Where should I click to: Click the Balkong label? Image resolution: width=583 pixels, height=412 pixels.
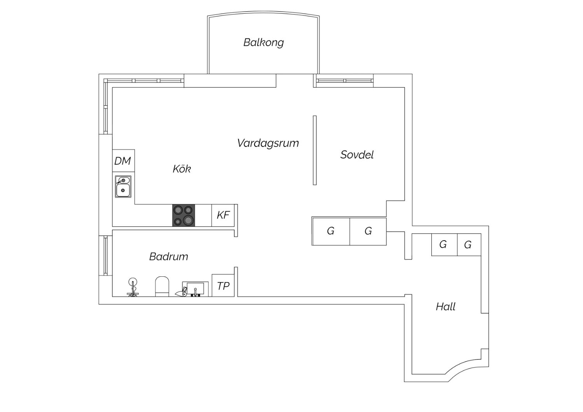[x=264, y=43]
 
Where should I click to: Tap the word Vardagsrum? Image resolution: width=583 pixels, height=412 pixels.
[x=268, y=143]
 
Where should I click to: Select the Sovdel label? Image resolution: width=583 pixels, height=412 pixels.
[x=357, y=155]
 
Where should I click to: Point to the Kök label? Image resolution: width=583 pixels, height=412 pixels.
[x=182, y=169]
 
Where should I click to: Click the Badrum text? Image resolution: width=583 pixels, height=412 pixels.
[x=169, y=257]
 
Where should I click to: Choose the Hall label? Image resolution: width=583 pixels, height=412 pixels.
[x=445, y=307]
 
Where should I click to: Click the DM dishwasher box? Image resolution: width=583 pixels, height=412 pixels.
[x=123, y=161]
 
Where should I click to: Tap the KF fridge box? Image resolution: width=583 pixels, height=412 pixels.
[x=223, y=215]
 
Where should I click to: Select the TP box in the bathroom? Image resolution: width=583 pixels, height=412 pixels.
[x=223, y=286]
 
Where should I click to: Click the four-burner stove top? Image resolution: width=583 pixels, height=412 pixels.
[x=183, y=215]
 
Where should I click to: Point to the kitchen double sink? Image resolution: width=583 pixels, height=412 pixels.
[x=123, y=187]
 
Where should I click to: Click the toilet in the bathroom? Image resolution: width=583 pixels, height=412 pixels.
[x=162, y=286]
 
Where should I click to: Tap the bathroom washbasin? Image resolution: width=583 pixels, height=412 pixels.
[x=195, y=289]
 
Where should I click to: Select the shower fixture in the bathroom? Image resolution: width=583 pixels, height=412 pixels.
[x=133, y=287]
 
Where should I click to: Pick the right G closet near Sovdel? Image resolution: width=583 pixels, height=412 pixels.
[x=368, y=231]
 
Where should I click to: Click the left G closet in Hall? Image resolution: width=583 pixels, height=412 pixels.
[x=444, y=244]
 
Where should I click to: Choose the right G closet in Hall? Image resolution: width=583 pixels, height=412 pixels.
[x=469, y=244]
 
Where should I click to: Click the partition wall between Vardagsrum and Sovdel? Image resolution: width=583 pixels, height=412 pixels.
[x=315, y=150]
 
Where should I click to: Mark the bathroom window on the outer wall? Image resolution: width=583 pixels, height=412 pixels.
[x=105, y=255]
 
